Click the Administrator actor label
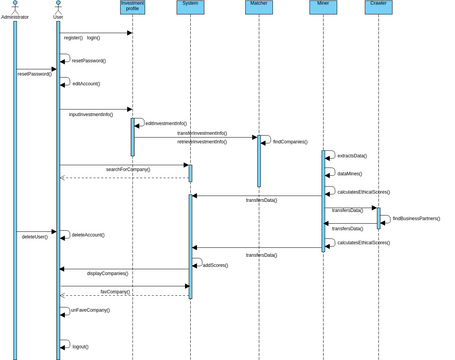pos(15,17)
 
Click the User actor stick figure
pos(57,6)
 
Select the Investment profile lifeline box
pos(132,7)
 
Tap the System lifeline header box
pos(190,7)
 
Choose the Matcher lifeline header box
pos(258,7)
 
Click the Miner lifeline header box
pos(322,7)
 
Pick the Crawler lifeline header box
pos(378,7)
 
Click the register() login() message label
pos(82,38)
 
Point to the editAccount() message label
pos(86,84)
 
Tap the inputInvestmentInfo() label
pos(91,114)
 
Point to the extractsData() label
pos(352,156)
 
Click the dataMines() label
pos(349,174)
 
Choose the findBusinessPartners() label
pos(416,218)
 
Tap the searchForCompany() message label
pos(128,169)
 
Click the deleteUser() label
pos(35,237)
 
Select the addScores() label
pos(216,265)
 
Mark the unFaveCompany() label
pos(90,310)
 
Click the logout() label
pos(80,346)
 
